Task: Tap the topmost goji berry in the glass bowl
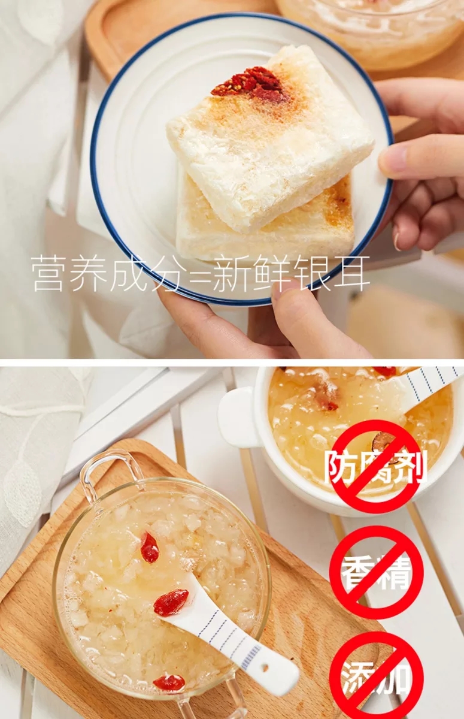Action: click(149, 547)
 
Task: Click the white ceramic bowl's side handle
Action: click(239, 416)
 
